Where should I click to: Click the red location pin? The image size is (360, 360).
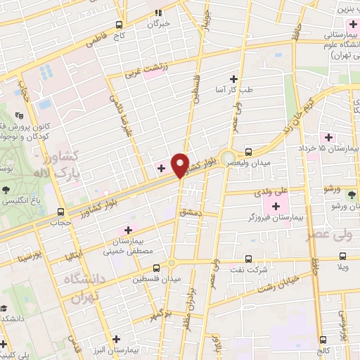click(180, 165)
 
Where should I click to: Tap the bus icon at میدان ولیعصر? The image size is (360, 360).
click(248, 152)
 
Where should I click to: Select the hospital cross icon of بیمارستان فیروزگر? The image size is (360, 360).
click(276, 206)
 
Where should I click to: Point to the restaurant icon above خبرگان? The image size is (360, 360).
click(159, 12)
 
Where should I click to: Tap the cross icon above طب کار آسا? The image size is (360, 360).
click(233, 78)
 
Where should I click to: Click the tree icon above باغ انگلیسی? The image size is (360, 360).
click(6, 189)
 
